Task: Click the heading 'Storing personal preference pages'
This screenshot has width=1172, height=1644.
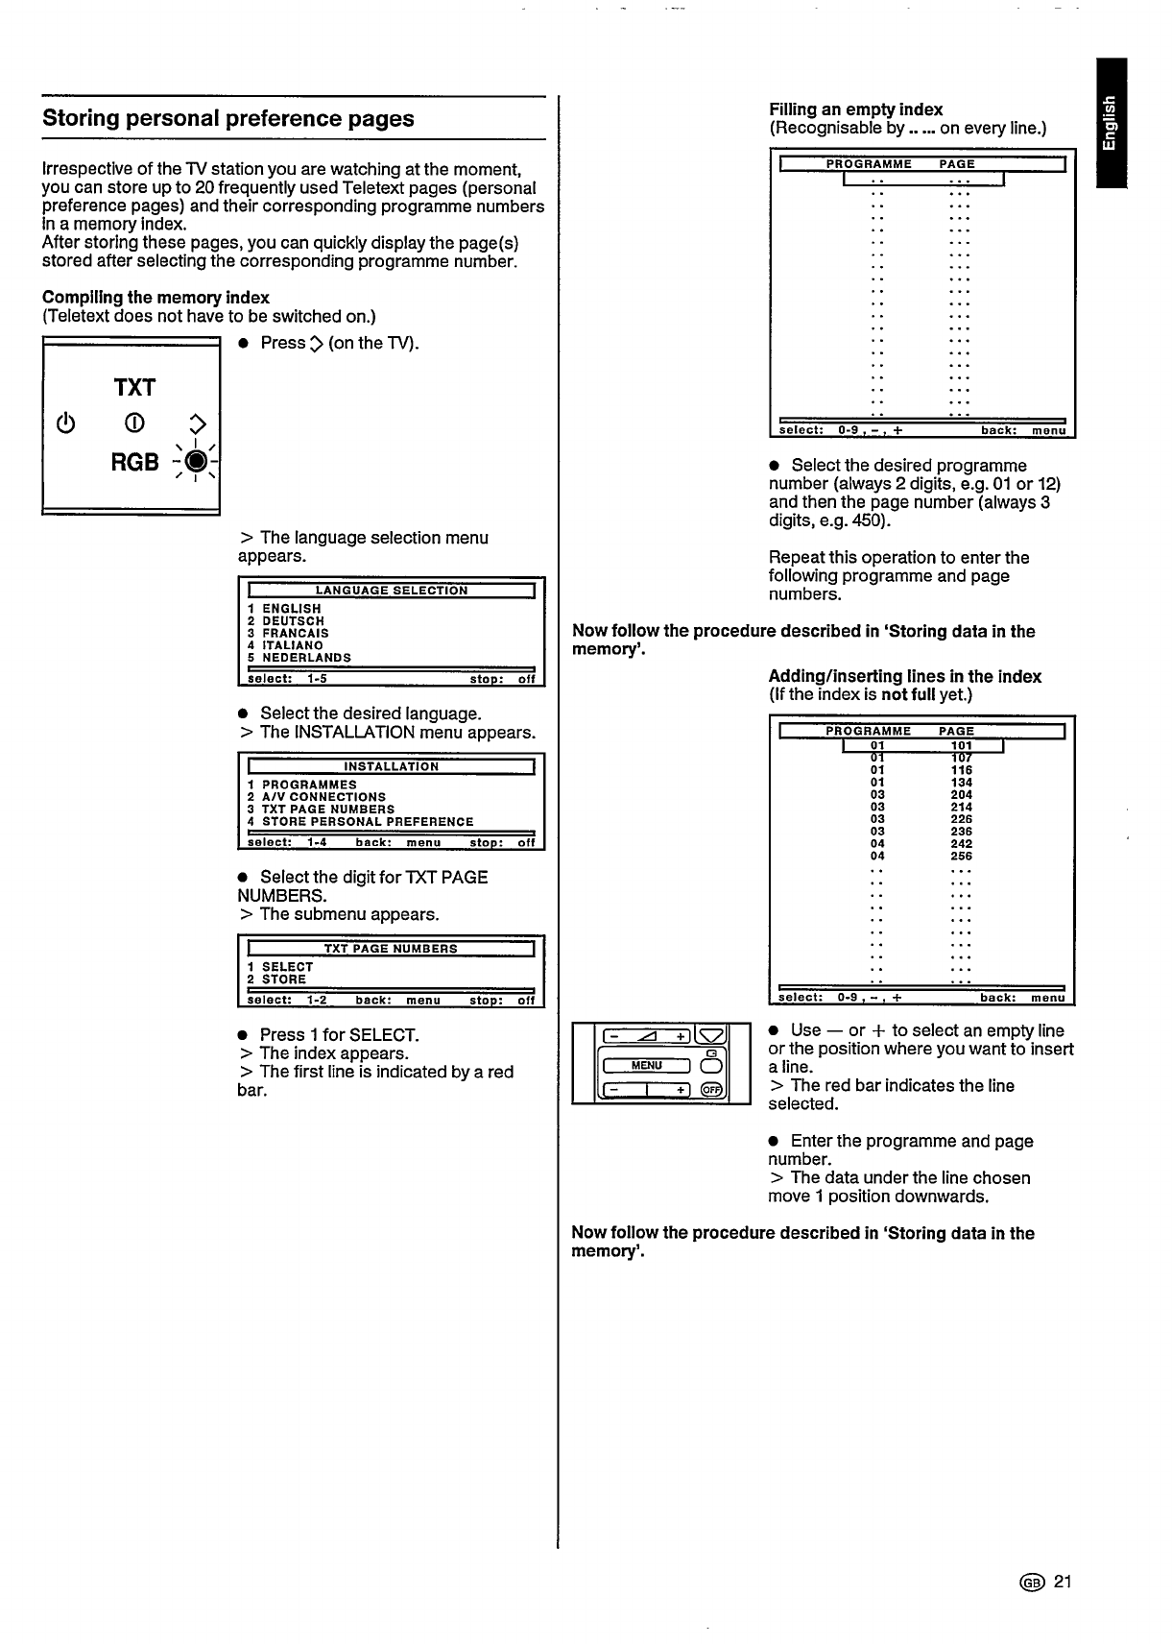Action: click(228, 119)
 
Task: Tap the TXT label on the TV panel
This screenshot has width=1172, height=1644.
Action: click(134, 388)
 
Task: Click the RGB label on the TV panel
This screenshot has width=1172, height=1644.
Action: click(134, 463)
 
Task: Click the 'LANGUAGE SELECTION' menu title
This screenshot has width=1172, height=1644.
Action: click(391, 591)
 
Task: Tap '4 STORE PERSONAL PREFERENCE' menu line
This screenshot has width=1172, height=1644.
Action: click(360, 822)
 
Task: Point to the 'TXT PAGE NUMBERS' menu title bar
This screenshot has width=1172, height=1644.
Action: click(391, 949)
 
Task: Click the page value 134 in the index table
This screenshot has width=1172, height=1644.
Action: click(961, 783)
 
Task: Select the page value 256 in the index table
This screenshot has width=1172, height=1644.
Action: click(961, 856)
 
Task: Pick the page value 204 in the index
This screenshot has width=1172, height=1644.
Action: click(961, 795)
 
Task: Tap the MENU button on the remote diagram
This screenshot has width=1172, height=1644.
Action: click(647, 1065)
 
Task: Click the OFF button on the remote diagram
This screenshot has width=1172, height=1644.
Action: click(712, 1089)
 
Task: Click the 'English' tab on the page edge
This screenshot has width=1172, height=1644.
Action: click(1111, 122)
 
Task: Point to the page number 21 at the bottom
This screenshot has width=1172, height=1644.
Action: click(1061, 1582)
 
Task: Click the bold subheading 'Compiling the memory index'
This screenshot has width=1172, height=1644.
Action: click(155, 298)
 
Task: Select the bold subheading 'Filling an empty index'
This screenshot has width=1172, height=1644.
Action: click(855, 109)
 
